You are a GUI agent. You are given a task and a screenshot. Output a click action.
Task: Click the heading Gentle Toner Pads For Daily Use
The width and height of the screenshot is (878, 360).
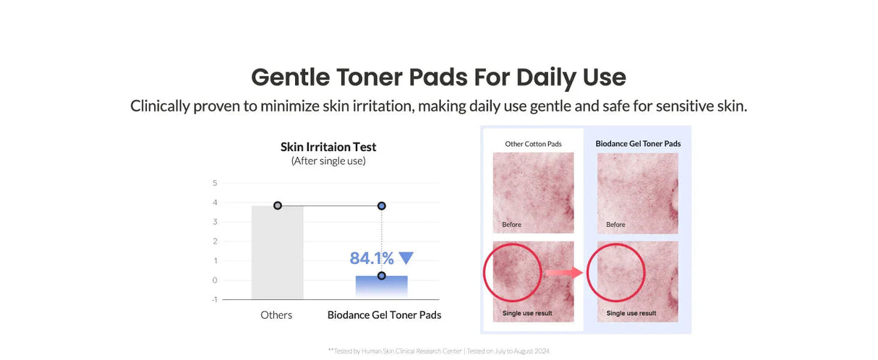click(438, 77)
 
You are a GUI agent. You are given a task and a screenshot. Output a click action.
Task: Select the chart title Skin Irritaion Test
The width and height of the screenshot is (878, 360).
click(328, 147)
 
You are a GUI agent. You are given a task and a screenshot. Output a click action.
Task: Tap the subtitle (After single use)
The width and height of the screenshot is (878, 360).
click(328, 161)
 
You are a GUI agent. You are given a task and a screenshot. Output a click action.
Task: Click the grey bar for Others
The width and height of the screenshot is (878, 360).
click(278, 253)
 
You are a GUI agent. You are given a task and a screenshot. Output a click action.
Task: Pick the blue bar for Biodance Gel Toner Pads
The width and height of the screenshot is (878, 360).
click(381, 286)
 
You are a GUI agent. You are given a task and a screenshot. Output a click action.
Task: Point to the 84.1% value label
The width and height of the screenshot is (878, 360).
click(372, 258)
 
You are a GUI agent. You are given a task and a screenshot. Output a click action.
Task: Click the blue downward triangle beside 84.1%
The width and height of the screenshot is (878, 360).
click(406, 257)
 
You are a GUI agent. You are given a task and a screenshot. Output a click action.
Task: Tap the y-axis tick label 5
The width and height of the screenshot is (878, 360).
click(215, 183)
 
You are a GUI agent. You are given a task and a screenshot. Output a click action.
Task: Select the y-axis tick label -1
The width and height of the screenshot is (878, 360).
click(214, 299)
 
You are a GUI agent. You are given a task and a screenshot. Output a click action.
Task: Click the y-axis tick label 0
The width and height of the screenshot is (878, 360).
click(215, 280)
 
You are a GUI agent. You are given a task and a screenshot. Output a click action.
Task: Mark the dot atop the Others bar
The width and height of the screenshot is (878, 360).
click(278, 205)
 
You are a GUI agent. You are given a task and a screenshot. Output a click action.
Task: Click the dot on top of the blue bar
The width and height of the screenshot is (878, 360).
click(381, 275)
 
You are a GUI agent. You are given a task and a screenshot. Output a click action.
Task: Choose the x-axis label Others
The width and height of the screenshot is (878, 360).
click(276, 315)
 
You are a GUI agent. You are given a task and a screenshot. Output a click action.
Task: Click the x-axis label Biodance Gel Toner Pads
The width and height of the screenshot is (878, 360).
click(384, 315)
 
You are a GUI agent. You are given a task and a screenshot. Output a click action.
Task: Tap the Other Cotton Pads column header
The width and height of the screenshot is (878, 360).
click(533, 144)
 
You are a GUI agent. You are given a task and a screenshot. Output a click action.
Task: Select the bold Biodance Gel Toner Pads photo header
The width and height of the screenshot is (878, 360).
click(638, 144)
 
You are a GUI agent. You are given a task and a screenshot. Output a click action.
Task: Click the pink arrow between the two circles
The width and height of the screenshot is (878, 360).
click(564, 273)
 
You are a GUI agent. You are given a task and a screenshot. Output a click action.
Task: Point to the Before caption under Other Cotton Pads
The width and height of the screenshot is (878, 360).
click(511, 225)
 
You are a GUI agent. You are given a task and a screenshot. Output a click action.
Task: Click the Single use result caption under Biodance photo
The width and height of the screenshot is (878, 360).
click(631, 313)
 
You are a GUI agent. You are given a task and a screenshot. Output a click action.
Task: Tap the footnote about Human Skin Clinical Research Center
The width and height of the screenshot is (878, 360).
click(438, 351)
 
